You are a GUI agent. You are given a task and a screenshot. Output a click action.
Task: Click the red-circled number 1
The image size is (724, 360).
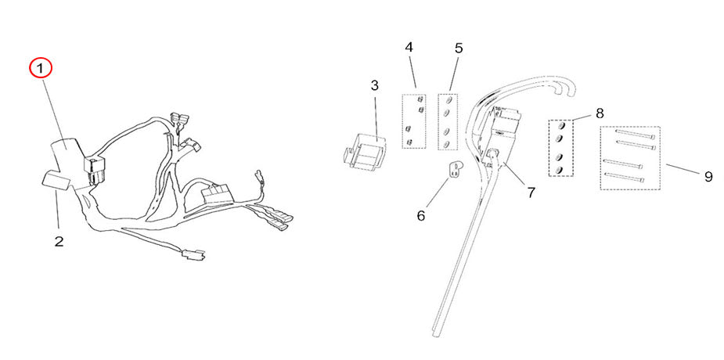point(40,68)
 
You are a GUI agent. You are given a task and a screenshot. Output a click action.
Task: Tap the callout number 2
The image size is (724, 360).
point(59,241)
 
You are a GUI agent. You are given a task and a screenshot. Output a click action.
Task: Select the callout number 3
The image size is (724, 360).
point(374,85)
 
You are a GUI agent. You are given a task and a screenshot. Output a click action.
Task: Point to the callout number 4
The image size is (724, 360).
point(409,48)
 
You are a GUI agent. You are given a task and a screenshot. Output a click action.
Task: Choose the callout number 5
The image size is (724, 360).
point(459,48)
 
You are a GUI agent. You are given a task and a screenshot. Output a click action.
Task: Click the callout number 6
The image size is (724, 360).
point(420,215)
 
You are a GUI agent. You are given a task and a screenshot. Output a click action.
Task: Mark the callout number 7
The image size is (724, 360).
point(531,192)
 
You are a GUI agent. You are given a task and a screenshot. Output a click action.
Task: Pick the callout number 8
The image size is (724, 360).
point(600,113)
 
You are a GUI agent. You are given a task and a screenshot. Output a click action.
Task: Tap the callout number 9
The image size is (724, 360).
point(708,177)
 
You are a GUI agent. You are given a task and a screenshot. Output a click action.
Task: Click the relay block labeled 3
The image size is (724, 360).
point(365,149)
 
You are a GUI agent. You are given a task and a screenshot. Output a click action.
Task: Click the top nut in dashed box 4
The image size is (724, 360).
point(420,100)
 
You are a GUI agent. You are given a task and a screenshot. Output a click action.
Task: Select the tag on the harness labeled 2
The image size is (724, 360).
point(56,182)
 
